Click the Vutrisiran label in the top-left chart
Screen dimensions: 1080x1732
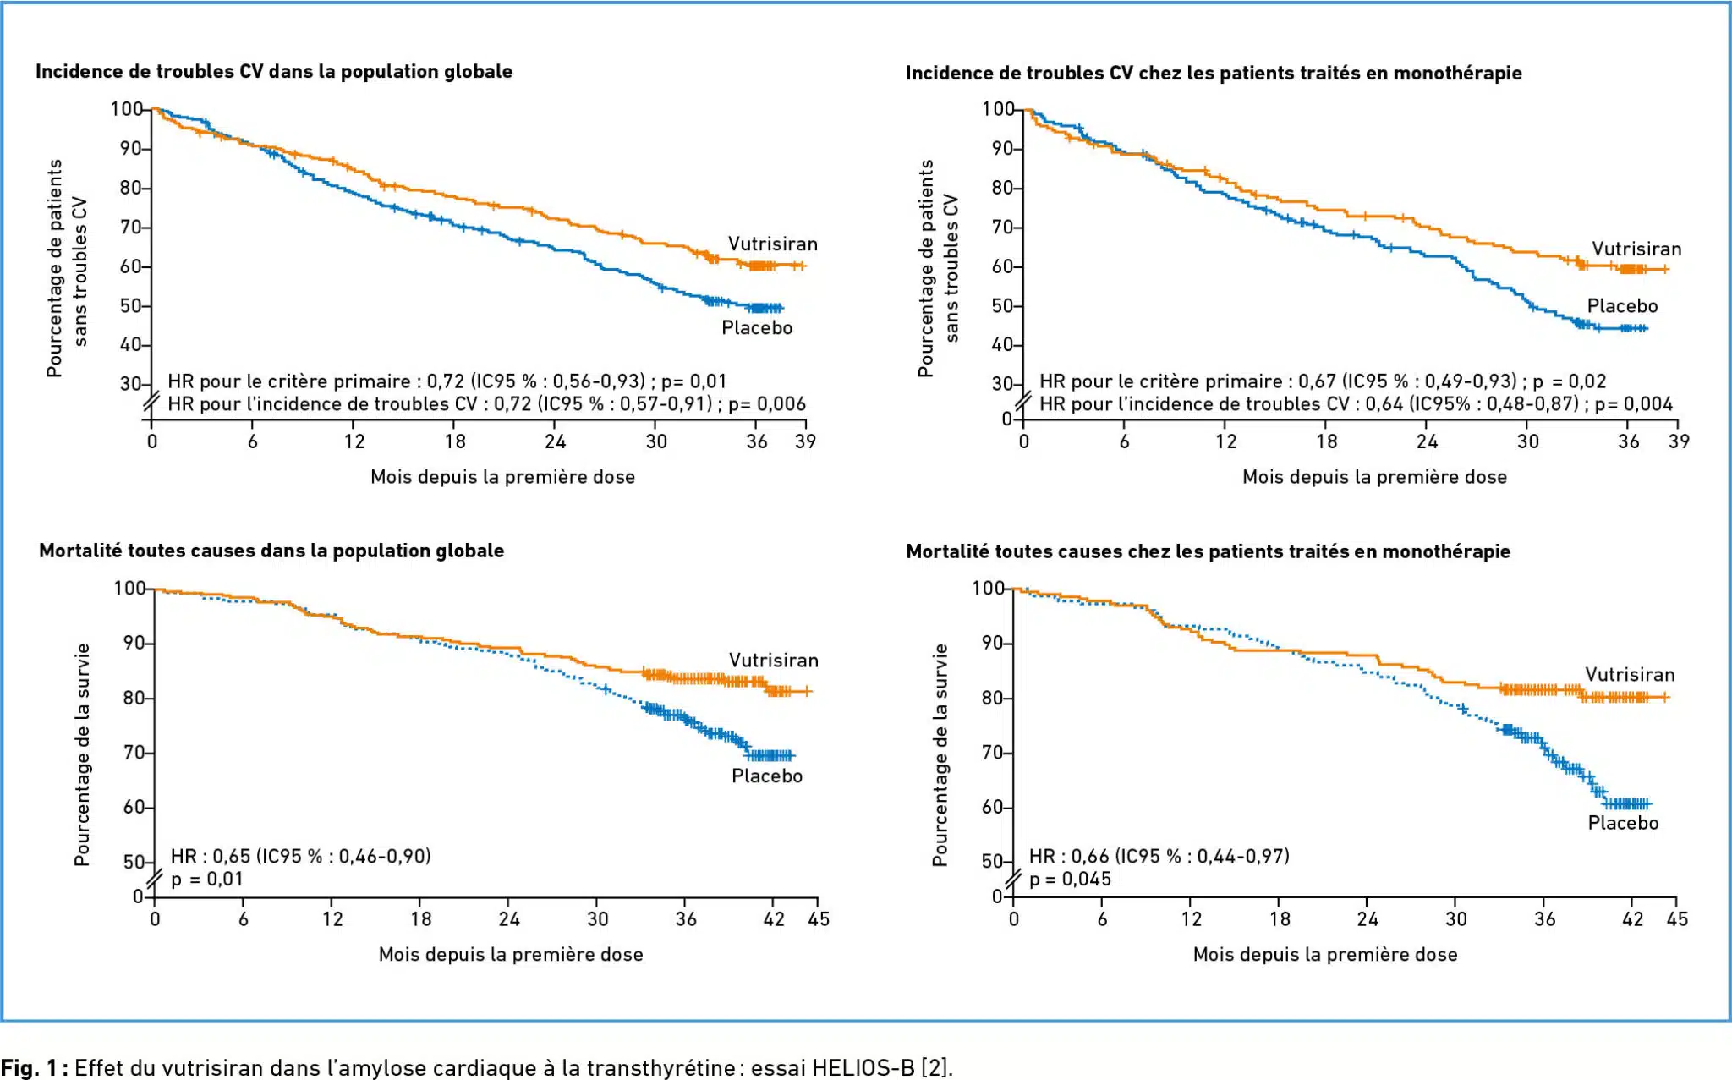tap(772, 244)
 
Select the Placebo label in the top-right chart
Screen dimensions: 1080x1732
tap(1621, 306)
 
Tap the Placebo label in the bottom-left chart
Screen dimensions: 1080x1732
tap(766, 776)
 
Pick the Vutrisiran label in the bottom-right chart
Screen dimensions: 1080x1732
tap(1629, 675)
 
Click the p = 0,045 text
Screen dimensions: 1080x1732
tap(1070, 880)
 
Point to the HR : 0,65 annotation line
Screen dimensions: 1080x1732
tap(300, 857)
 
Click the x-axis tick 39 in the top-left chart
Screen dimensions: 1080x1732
tap(805, 441)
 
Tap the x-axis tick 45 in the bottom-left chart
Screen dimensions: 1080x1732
tap(819, 919)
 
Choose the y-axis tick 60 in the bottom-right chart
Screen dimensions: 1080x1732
tap(992, 808)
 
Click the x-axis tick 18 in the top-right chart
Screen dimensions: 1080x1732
tap(1326, 441)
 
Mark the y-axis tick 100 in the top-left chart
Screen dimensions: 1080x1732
tap(127, 109)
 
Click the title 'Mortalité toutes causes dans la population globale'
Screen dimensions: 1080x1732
tap(271, 551)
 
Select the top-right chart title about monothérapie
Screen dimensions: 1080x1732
tap(1213, 74)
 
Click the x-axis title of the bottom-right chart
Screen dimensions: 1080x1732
tap(1324, 955)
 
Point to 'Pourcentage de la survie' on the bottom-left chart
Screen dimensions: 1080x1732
tap(82, 754)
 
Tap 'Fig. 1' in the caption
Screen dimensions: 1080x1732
tap(29, 1067)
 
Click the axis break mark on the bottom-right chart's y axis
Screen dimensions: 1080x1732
tap(1012, 880)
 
